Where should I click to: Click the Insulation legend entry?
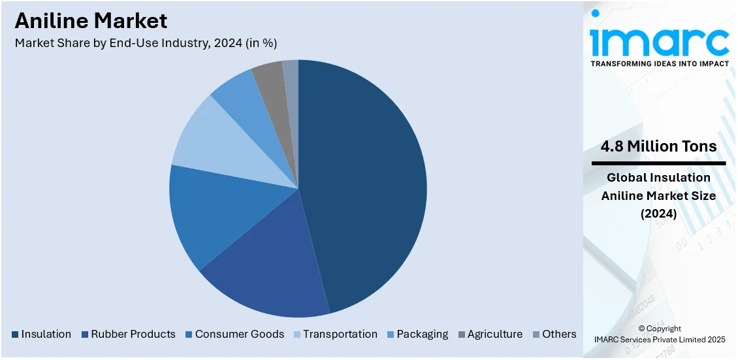click(x=46, y=334)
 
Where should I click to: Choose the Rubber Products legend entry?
click(x=133, y=334)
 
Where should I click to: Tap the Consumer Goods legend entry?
click(x=239, y=334)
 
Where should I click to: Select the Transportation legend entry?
click(x=340, y=334)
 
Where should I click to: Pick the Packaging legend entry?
click(x=422, y=334)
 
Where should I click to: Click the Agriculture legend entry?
click(x=494, y=334)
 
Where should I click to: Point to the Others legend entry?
click(x=559, y=334)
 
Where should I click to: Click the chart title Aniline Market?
click(x=91, y=21)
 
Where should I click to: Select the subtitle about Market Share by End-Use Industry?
click(x=146, y=43)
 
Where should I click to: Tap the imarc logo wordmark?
click(x=660, y=41)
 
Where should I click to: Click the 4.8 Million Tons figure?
click(x=658, y=146)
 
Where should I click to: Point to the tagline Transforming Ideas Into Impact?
click(x=660, y=64)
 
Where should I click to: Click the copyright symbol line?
click(x=660, y=329)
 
